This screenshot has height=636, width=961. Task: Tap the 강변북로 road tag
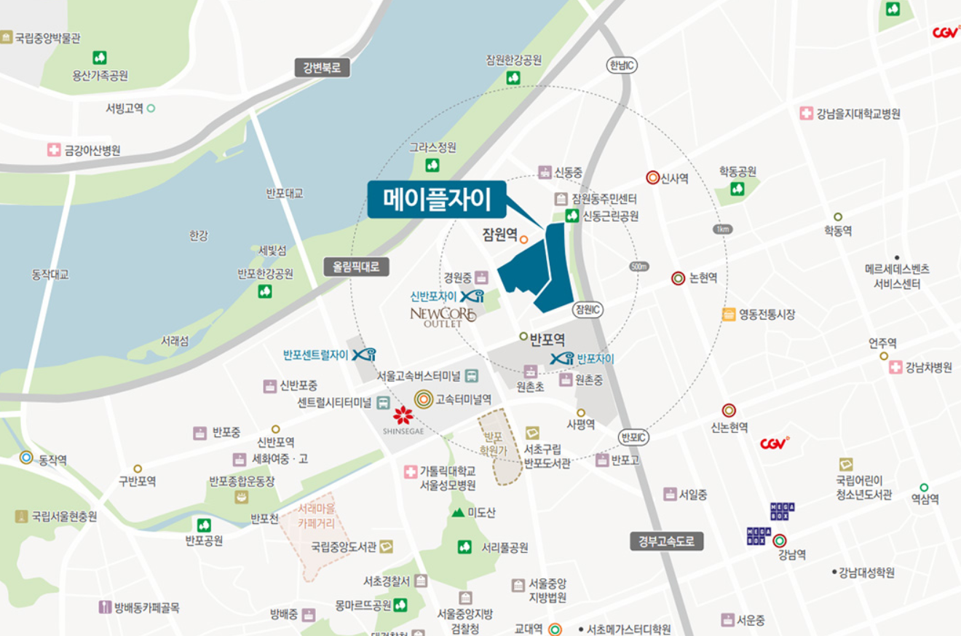click(322, 68)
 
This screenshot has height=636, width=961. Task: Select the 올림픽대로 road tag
click(357, 267)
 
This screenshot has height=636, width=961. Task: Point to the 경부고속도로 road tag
click(667, 541)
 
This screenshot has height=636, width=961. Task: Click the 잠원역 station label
click(499, 235)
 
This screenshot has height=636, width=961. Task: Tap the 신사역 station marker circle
click(652, 178)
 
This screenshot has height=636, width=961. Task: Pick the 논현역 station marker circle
click(678, 278)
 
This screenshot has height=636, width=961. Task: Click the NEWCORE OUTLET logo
click(443, 316)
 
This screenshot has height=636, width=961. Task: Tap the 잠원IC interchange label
click(588, 309)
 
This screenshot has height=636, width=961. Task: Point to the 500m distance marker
click(638, 267)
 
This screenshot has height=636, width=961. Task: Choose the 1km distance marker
click(722, 229)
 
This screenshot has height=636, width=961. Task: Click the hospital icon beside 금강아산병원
click(54, 150)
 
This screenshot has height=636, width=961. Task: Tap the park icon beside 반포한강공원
click(265, 291)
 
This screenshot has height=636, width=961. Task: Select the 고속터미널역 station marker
click(424, 399)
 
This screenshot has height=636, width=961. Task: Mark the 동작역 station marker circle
click(27, 458)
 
